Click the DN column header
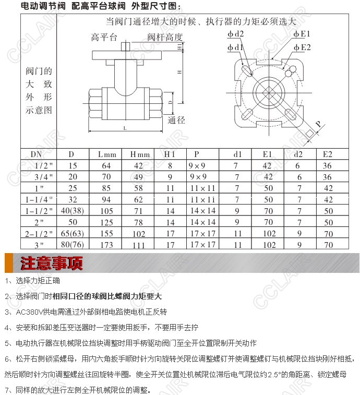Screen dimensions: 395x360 click(x=37, y=154)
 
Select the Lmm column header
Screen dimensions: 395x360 click(x=107, y=154)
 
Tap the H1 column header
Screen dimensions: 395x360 click(x=170, y=154)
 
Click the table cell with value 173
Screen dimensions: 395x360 click(x=107, y=245)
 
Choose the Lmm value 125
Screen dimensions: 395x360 click(x=107, y=222)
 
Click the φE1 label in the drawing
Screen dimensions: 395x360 click(x=302, y=34)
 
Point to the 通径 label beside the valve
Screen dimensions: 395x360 click(x=177, y=120)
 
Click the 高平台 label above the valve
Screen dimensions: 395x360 click(x=104, y=37)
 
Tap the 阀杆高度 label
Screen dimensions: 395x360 click(x=165, y=37)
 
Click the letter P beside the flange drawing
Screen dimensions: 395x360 click(x=318, y=124)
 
